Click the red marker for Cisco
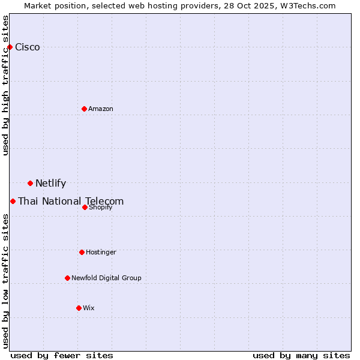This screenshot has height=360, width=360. (x=10, y=47)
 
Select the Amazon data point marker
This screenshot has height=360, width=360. (x=84, y=109)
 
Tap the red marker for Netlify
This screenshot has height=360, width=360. (x=30, y=183)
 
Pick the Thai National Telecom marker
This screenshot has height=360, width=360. (x=13, y=201)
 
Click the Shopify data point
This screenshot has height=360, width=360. (x=85, y=207)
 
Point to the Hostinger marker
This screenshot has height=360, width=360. (x=82, y=252)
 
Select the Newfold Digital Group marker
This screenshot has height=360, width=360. (x=67, y=278)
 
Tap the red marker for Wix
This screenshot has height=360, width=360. (x=79, y=308)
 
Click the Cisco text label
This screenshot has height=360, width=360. (x=28, y=47)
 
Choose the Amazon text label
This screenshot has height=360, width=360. (x=101, y=109)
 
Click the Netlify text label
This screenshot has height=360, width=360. (x=51, y=184)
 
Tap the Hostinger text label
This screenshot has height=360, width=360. (x=101, y=252)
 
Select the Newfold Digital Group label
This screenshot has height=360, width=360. (x=106, y=278)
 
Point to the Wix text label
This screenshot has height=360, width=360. (x=89, y=308)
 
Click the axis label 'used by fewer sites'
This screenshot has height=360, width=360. (x=62, y=355)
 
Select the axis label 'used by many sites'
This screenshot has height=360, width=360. (x=301, y=355)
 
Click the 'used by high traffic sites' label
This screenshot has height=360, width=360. (x=6, y=85)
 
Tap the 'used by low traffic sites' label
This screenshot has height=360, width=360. (x=6, y=280)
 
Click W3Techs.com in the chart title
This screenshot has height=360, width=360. (x=307, y=5)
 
